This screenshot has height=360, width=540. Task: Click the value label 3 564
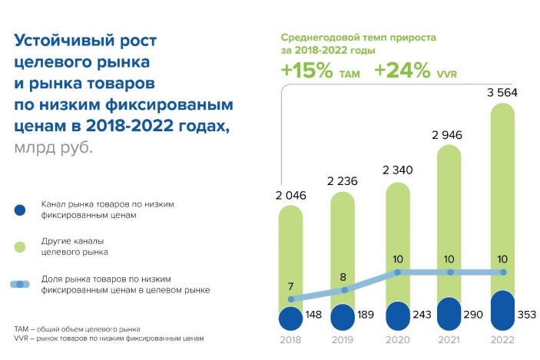click(504, 93)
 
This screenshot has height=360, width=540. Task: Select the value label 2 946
click(450, 135)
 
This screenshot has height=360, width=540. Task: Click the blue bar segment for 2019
click(343, 318)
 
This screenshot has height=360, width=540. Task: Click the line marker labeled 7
click(290, 299)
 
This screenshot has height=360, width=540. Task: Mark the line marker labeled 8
click(344, 290)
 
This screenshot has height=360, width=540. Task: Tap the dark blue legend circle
click(20, 210)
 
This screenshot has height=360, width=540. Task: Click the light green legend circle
click(20, 246)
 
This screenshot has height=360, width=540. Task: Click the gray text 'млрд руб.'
click(53, 147)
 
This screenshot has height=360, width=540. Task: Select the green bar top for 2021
click(450, 157)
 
